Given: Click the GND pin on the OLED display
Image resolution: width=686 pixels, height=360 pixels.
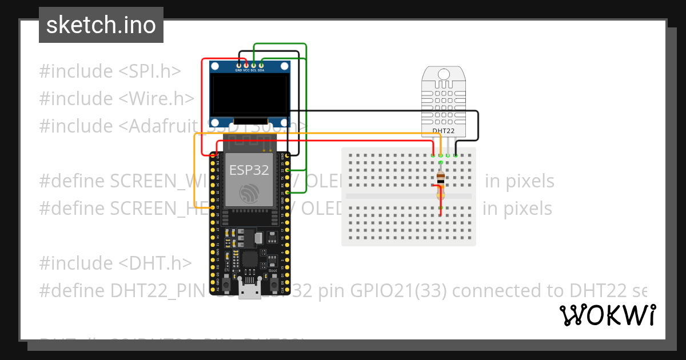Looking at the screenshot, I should click(239, 66).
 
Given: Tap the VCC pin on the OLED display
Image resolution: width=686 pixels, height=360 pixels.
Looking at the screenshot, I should click(246, 66).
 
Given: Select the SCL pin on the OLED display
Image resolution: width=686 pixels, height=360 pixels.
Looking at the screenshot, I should click(254, 66).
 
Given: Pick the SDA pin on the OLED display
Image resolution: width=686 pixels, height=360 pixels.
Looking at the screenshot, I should click(261, 66).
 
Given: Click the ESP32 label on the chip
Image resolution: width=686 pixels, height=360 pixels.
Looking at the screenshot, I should click(249, 170).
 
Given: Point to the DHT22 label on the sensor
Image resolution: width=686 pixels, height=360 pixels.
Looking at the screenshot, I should click(444, 131).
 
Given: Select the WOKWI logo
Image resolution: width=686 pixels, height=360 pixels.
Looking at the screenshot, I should click(608, 315).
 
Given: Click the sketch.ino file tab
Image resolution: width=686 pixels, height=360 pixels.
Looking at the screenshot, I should click(101, 25).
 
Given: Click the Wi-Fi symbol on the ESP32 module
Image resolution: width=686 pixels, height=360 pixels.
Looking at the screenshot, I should click(249, 194).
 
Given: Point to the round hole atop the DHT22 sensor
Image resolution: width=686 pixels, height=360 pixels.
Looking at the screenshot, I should click(444, 74).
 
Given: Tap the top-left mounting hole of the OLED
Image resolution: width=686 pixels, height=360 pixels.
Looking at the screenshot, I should click(215, 66).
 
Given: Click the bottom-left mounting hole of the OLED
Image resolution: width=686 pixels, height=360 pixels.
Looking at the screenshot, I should click(215, 122).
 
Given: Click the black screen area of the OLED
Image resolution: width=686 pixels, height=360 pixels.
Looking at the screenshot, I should click(249, 94).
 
